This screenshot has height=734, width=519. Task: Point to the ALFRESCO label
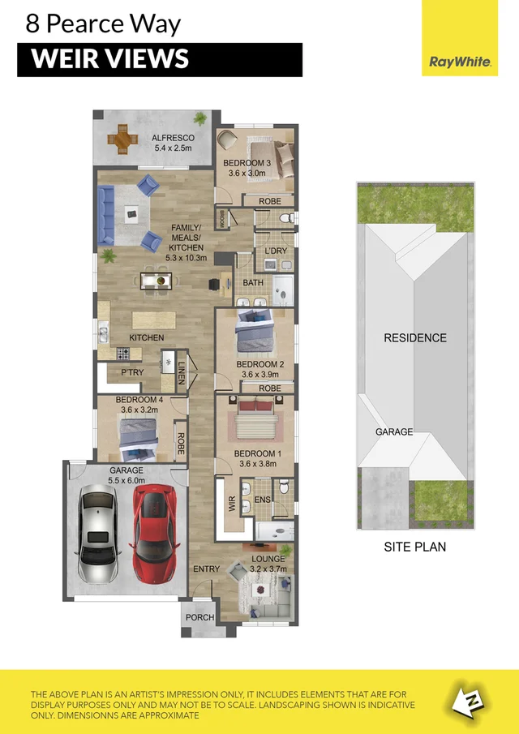(173, 139)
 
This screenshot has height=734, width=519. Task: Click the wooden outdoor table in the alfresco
(122, 139)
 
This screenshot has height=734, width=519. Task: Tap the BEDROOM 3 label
(247, 162)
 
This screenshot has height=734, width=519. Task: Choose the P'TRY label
(132, 373)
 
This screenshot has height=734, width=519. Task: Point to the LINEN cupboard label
(182, 373)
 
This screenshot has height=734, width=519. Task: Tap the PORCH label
(199, 617)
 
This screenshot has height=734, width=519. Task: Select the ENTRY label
(206, 569)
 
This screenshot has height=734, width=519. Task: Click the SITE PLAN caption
(414, 547)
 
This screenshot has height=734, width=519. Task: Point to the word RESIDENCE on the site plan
(414, 337)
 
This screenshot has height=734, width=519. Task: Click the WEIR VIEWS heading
(109, 59)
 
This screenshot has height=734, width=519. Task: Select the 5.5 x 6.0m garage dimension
(126, 480)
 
